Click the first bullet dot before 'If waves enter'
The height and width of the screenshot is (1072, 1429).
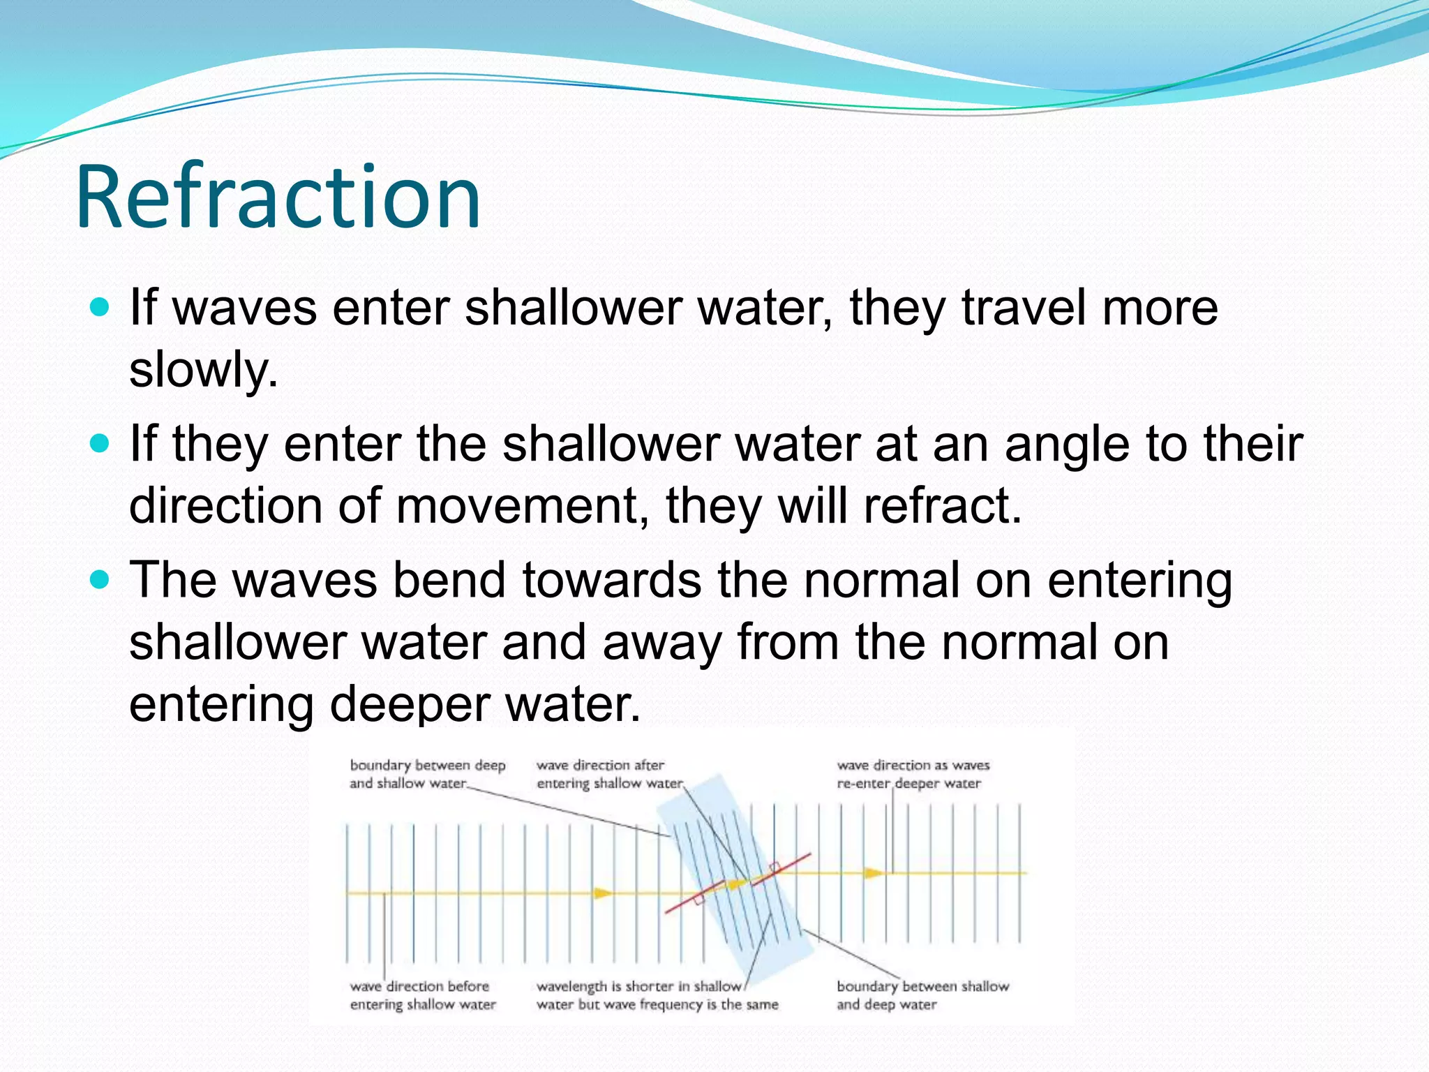pos(100,307)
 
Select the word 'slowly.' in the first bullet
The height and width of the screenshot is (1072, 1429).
pos(203,369)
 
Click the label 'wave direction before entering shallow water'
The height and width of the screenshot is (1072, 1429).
pos(422,995)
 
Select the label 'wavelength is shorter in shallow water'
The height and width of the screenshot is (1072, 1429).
pos(656,995)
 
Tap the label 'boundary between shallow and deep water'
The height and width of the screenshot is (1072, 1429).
pos(922,995)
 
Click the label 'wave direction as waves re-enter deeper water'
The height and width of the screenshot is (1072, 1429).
pos(913,774)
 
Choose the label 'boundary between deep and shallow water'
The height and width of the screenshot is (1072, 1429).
pos(427,774)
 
